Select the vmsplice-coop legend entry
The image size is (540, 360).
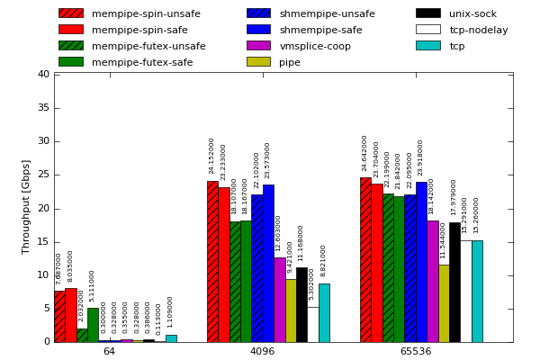point(315,46)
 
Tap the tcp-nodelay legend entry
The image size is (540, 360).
point(478,30)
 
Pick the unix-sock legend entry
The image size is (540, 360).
point(472,13)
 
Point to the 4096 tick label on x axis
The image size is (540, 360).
point(262,351)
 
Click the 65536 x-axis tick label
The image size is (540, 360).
point(416,351)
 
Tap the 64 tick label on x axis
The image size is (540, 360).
point(109,351)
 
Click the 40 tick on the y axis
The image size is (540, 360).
point(43,75)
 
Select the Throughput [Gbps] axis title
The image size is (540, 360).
point(27,207)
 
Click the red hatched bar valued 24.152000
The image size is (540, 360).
point(212,261)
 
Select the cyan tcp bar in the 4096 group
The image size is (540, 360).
point(324,312)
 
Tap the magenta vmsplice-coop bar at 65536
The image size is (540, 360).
point(433,281)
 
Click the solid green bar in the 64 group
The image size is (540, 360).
point(93,325)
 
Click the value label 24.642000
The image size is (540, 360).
point(364,153)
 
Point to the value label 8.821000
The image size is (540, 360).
point(324,260)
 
